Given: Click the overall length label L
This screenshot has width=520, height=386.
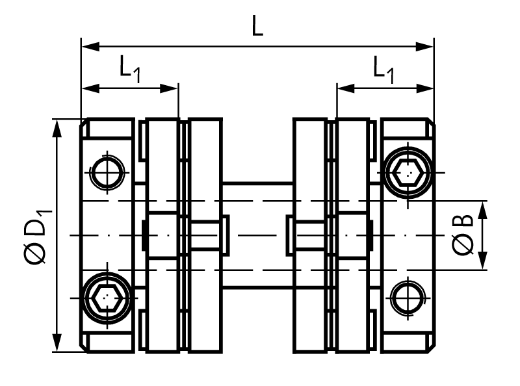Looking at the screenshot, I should click(258, 28).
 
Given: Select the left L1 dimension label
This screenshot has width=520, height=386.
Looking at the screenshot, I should click(128, 68).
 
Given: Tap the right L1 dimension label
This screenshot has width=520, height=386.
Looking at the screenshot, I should click(383, 68).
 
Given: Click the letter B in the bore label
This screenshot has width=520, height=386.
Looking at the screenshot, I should click(463, 226).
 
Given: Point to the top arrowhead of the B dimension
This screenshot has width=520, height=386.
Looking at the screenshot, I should click(484, 208).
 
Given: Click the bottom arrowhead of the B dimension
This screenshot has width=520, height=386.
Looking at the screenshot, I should click(484, 262).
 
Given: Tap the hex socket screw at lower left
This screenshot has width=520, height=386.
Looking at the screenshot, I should click(107, 298).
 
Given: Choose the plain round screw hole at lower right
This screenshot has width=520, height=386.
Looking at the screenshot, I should click(408, 298).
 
